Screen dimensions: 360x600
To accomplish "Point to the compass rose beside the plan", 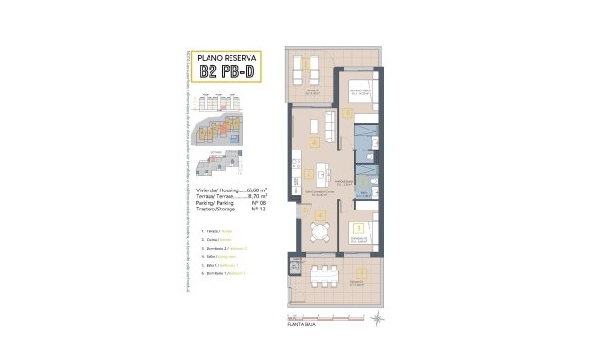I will pos(378,311).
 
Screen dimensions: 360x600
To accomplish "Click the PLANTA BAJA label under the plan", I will pos(303,325).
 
